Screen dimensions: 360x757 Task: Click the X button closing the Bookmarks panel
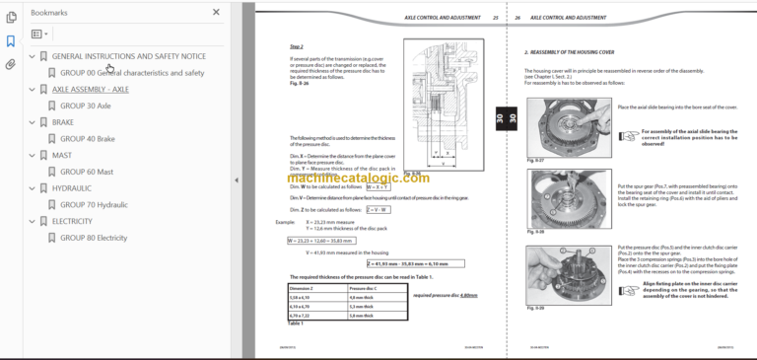pos(217,13)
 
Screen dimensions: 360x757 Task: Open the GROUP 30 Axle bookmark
pos(86,106)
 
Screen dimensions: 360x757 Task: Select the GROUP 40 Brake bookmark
pos(87,139)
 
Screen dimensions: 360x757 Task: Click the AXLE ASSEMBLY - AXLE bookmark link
pos(90,89)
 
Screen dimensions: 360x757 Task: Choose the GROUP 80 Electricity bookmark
pos(94,238)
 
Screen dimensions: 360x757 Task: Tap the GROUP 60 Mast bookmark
pos(86,172)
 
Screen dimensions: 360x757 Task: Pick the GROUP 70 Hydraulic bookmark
pos(94,204)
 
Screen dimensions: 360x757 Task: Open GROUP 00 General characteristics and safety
pos(132,73)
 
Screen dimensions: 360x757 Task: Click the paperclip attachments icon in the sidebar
pos(11,64)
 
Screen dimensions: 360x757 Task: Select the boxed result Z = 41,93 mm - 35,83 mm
pos(417,264)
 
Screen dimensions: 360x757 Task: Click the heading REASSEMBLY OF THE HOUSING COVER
pos(583,50)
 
